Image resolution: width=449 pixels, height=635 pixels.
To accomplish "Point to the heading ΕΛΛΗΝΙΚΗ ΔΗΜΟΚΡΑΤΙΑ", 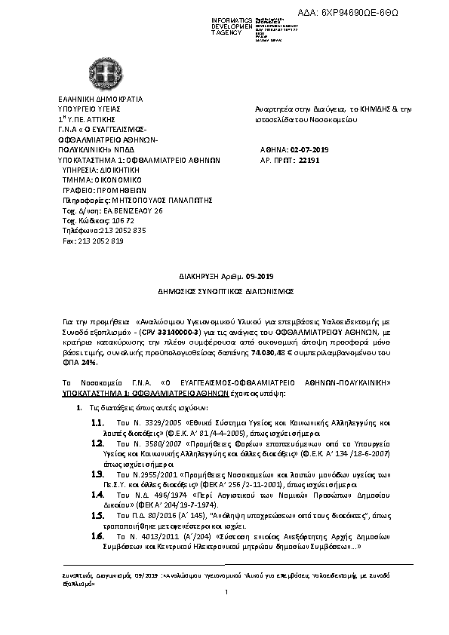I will tap(100, 99).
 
